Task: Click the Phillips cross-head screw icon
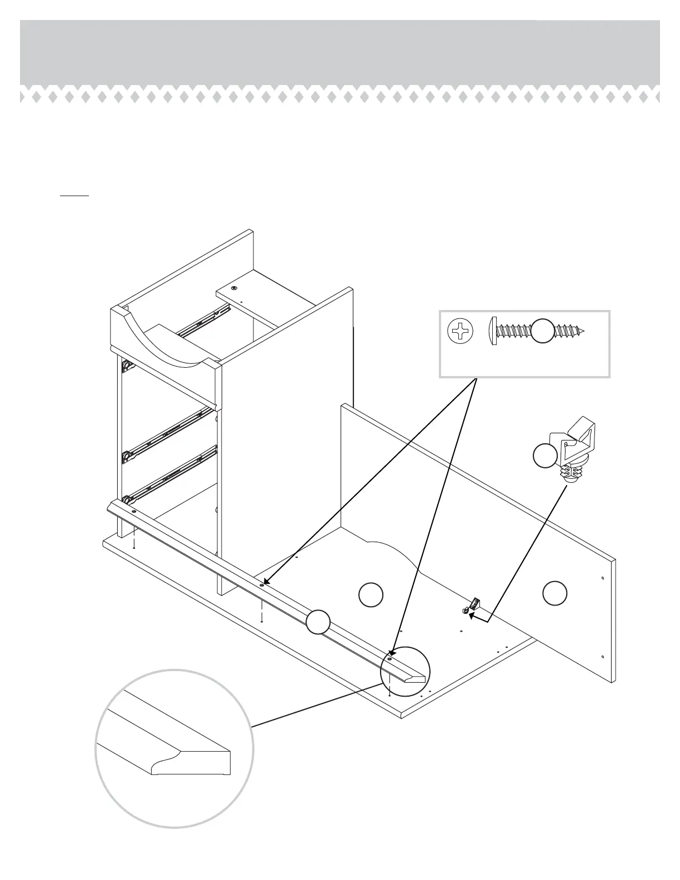(461, 332)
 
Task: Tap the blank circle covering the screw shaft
(544, 332)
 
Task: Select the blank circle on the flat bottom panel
(371, 594)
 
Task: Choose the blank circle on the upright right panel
(554, 593)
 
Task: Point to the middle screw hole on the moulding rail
(262, 585)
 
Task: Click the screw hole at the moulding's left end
(134, 510)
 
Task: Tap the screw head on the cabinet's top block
(234, 288)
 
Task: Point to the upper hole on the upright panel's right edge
(603, 578)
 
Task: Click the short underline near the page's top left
(74, 196)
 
